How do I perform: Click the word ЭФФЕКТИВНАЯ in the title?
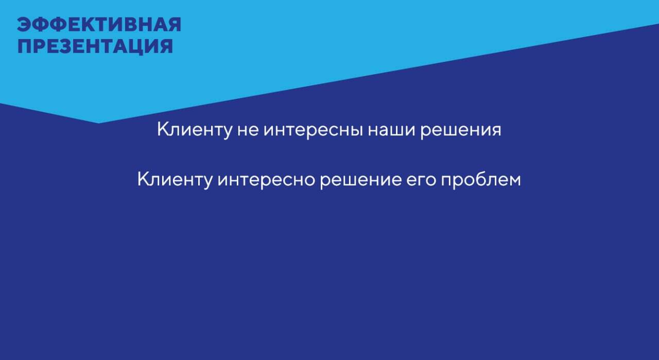pos(99,24)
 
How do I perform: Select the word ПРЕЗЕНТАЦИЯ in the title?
pos(95,46)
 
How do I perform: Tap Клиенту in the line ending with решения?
pos(195,130)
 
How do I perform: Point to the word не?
pos(248,131)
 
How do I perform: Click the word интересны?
pos(314,131)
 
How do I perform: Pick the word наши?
pos(392,131)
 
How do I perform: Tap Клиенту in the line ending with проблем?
pos(175,180)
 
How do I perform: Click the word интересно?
pos(267,180)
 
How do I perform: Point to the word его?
pos(421,180)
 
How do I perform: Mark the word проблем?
pos(481,180)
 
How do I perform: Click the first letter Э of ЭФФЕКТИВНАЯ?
pos(24,24)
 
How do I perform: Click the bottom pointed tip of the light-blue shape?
pos(98,123)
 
